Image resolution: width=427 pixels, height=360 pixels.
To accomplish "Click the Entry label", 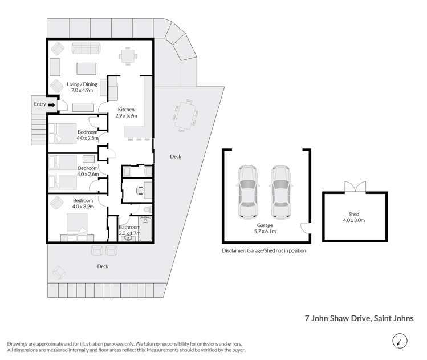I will tap(39, 104).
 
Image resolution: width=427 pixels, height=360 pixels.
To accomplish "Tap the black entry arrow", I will tap(51, 104).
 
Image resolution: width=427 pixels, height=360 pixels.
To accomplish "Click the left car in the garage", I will tap(248, 192).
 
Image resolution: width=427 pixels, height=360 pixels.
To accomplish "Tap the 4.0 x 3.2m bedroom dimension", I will tap(83, 207).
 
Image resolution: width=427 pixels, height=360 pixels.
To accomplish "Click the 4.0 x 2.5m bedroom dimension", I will tap(88, 137).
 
